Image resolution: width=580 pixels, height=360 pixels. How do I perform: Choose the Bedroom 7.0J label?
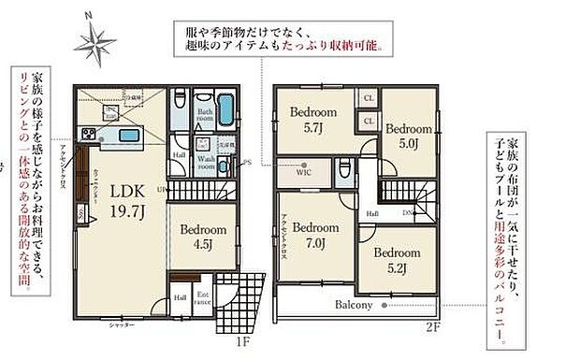313,236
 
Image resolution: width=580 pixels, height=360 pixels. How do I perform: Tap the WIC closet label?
304,172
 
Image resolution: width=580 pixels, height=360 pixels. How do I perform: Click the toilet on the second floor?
347,168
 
